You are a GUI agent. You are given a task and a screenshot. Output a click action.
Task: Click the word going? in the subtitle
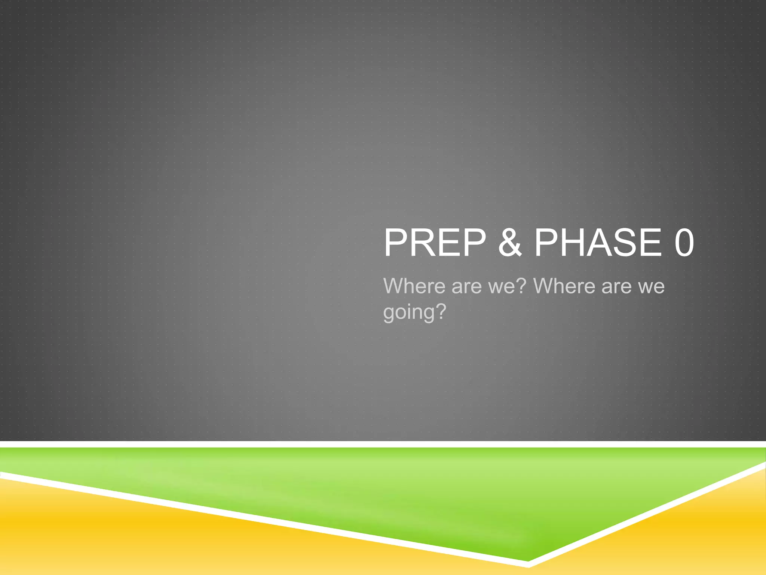pos(414,312)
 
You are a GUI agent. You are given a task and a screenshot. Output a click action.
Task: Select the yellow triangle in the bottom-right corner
pos(711,532)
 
